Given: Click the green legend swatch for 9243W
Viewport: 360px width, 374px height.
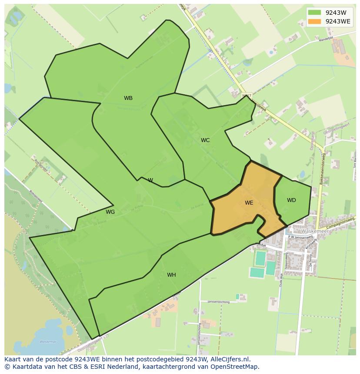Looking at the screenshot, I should (314, 13).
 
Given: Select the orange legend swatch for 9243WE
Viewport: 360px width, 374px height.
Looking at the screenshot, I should (314, 21).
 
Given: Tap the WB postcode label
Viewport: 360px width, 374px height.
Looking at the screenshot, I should (128, 98).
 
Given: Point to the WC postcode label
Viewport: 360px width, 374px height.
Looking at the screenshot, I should (205, 140).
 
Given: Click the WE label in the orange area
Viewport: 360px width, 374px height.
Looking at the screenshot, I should (249, 203).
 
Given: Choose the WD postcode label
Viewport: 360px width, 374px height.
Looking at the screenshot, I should (291, 200).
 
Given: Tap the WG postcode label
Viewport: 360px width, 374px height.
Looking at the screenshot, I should (110, 212).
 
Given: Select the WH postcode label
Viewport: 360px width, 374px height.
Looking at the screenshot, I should (171, 275).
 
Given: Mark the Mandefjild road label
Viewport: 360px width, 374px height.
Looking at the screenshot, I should (326, 38).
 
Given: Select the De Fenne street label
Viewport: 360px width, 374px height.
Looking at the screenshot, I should (310, 261).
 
